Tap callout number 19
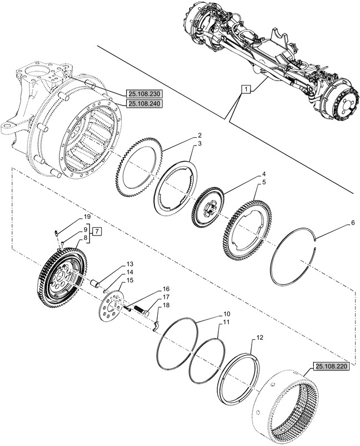[x=87, y=216]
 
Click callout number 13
[x=129, y=264]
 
